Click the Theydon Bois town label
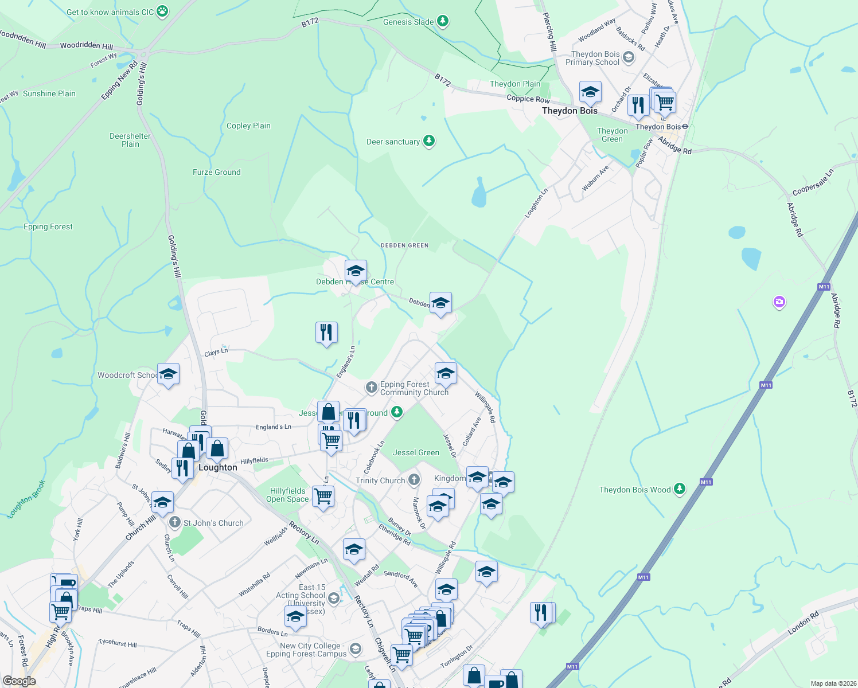tap(570, 111)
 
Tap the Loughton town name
tap(217, 467)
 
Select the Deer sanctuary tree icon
tap(428, 141)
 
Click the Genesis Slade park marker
tap(442, 22)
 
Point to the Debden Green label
tap(404, 245)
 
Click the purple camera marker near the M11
tap(779, 302)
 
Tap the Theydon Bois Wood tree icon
tap(680, 489)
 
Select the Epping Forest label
tap(48, 227)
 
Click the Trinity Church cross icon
tap(414, 480)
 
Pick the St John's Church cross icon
tap(175, 523)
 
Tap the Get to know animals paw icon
tap(163, 11)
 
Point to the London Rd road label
tap(803, 623)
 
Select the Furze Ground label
tap(216, 172)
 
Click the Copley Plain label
tap(248, 126)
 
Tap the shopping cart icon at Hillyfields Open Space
tap(323, 496)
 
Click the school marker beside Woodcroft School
tap(167, 374)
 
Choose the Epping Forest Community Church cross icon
tap(372, 388)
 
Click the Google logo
tap(19, 681)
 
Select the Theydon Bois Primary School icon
tap(629, 57)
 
